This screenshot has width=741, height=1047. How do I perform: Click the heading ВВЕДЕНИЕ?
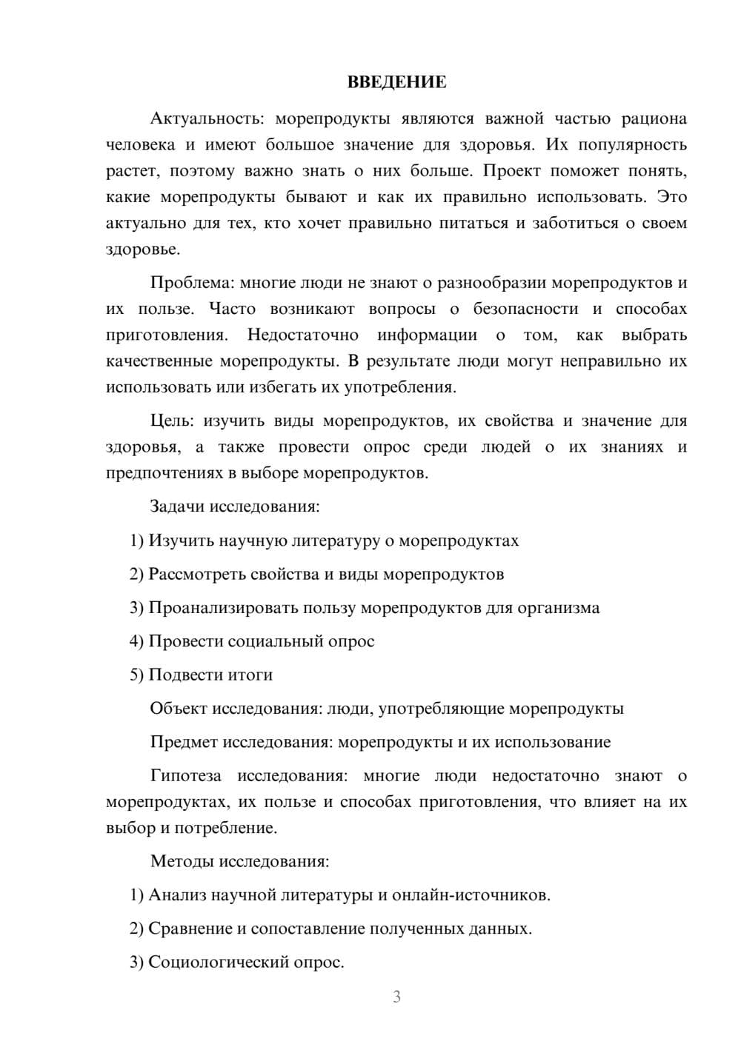click(x=396, y=82)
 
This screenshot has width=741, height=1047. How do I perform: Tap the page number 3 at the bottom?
click(x=396, y=997)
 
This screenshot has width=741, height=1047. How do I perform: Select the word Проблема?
click(x=192, y=283)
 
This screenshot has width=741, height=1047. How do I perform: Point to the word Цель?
click(x=172, y=421)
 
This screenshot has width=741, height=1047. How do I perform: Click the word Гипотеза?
click(x=185, y=776)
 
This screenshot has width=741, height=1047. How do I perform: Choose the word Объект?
click(x=179, y=709)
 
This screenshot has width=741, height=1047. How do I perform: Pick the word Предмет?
click(x=184, y=742)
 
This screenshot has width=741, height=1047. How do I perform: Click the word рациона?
click(x=654, y=118)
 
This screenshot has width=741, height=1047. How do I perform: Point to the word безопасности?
click(x=525, y=309)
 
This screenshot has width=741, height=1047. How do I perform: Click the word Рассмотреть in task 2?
click(x=197, y=574)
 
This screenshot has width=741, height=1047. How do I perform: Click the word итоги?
click(x=250, y=675)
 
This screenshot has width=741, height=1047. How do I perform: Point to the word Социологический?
click(x=218, y=963)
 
